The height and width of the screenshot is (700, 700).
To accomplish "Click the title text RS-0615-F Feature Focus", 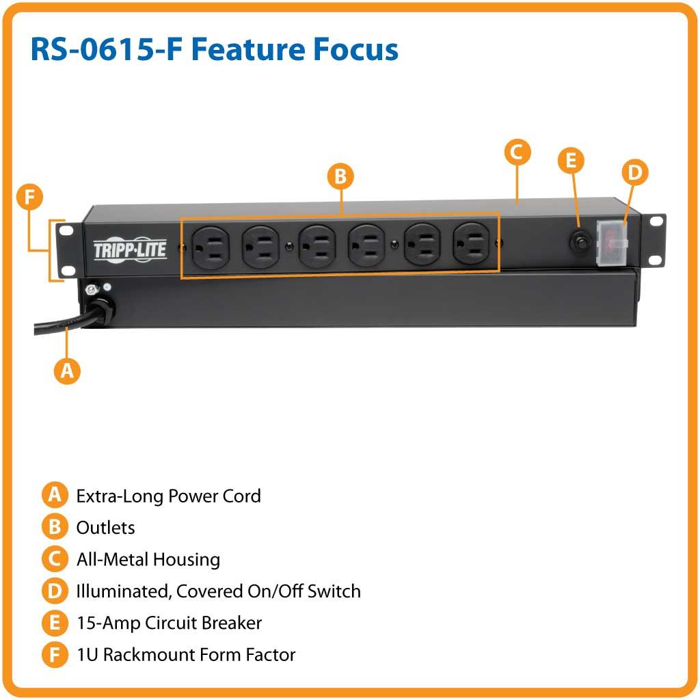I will (214, 50).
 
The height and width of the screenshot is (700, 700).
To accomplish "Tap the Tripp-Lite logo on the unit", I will (129, 250).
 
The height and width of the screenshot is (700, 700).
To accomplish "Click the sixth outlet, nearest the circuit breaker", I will (470, 244).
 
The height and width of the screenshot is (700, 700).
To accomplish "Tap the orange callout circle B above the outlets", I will (340, 177).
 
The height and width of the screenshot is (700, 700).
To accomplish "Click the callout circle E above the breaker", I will (571, 161).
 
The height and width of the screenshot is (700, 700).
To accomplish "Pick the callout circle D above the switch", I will (635, 173).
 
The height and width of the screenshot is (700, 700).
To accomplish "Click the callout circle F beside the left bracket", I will (29, 198).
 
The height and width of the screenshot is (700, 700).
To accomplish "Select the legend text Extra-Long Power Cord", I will (168, 496).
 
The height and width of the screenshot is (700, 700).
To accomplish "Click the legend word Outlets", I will (105, 528).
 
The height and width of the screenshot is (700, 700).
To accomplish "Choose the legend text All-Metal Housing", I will (148, 560).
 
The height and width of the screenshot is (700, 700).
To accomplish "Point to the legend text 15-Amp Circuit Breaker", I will (169, 623).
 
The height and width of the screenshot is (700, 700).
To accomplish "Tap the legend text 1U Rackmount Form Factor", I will (185, 655).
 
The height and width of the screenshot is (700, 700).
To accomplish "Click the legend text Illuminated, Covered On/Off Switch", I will (218, 591).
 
